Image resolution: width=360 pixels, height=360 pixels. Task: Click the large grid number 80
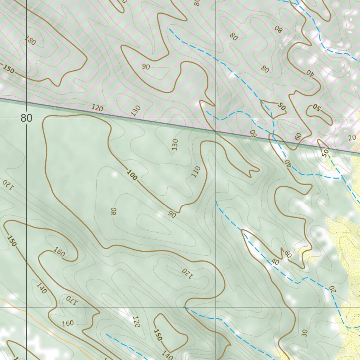point(26,118)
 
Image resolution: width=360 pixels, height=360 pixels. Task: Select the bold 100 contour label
point(131,175)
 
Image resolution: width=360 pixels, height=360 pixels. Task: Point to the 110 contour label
point(196,172)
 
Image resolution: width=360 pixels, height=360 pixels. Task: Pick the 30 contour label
point(305,333)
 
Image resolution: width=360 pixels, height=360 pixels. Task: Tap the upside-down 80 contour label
point(278,29)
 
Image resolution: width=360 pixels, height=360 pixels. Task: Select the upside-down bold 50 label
point(316,108)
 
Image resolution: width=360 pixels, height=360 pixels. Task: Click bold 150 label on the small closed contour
point(158,334)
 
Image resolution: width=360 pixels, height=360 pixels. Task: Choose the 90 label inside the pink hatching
point(146,67)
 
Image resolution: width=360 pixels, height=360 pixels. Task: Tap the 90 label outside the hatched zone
point(172,214)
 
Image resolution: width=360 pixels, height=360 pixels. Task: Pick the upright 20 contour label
point(353,138)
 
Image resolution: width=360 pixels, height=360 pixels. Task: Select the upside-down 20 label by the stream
point(332,289)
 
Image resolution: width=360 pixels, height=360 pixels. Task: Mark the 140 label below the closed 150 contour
point(167,354)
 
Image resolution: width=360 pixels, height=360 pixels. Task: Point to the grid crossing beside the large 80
point(27,118)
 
